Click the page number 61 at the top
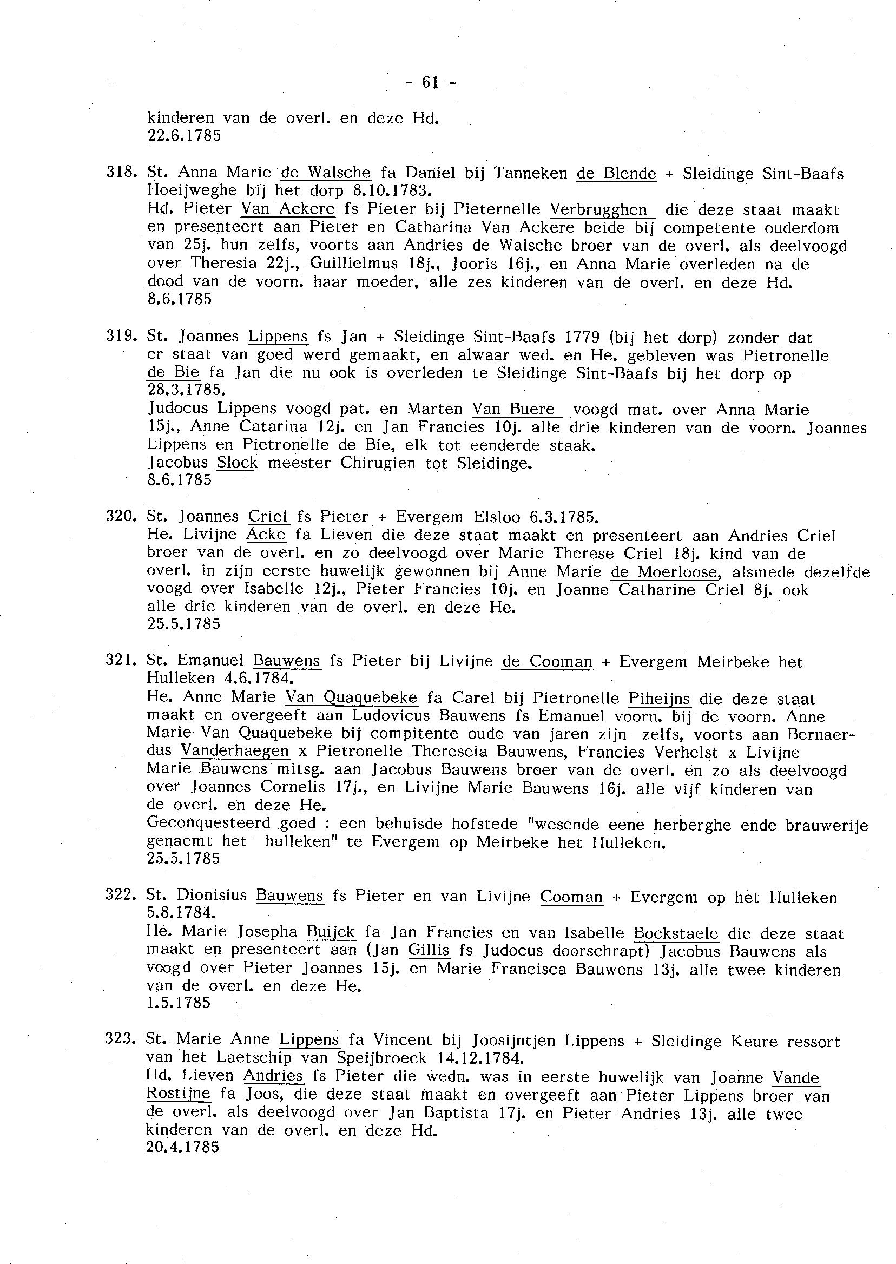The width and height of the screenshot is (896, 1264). (x=431, y=83)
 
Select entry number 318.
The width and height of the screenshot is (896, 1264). (x=120, y=173)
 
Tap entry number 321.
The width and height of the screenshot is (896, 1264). (x=120, y=661)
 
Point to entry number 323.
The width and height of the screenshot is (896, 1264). (x=120, y=1040)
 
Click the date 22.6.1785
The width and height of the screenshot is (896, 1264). (x=185, y=136)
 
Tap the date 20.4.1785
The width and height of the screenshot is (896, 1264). (x=183, y=1148)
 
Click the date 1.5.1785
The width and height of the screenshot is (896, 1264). (x=179, y=1003)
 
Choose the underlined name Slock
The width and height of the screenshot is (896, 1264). (x=237, y=462)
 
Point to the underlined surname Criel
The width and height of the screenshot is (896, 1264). (x=268, y=517)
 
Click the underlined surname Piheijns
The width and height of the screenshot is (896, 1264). (x=660, y=699)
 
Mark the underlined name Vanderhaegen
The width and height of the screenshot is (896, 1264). (x=234, y=752)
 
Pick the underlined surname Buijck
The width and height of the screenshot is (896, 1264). (x=331, y=932)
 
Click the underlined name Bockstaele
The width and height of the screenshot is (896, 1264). (x=676, y=933)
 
